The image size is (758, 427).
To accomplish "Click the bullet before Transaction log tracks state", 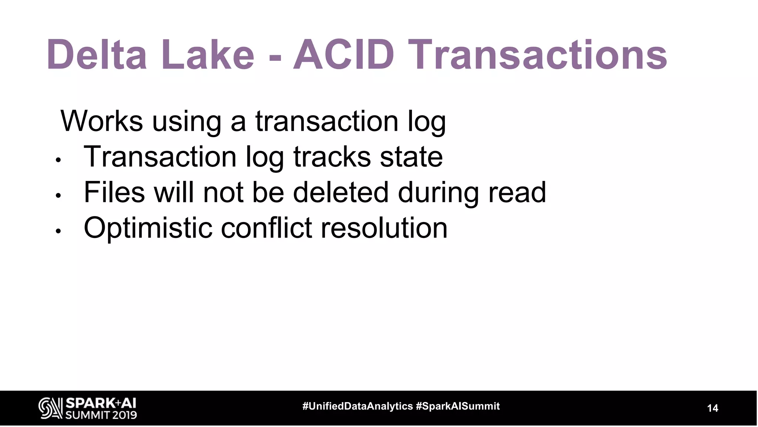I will tap(58, 160).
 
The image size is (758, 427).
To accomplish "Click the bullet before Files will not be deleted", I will tap(58, 195).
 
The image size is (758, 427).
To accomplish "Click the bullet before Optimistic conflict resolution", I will tap(58, 231).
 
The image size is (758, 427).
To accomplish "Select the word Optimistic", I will tap(148, 228).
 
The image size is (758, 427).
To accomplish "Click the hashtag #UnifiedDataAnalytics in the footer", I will tap(358, 406).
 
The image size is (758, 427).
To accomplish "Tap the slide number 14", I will tap(712, 408).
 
